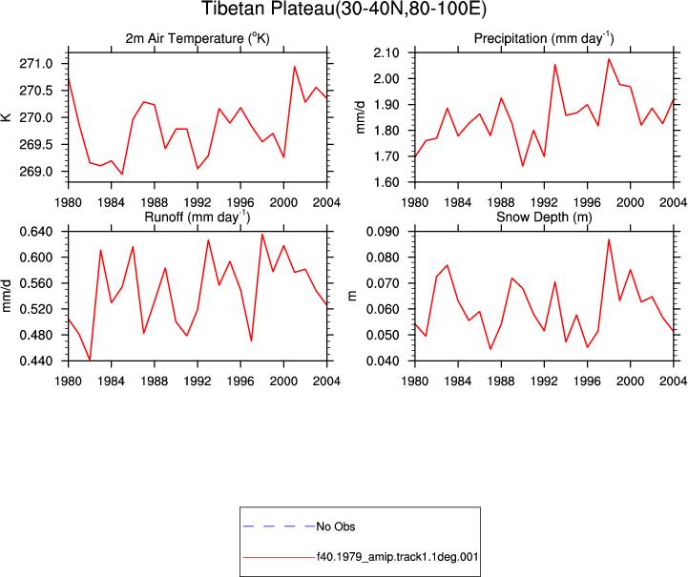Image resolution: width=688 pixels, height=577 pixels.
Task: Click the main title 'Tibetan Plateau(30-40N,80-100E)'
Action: (344, 9)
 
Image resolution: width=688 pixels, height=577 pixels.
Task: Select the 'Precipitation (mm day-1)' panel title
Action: (544, 38)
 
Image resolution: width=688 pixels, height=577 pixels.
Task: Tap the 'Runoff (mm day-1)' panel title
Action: (198, 217)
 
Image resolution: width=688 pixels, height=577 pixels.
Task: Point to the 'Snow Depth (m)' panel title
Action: (544, 217)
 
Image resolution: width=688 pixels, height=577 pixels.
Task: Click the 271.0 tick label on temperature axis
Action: (36, 64)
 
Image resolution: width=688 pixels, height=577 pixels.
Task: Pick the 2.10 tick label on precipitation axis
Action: (386, 53)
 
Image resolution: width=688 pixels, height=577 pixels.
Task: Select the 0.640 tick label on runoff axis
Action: (36, 232)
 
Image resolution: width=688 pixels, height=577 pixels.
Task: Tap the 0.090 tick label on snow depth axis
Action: (383, 232)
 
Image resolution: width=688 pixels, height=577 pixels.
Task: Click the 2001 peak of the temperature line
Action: (295, 67)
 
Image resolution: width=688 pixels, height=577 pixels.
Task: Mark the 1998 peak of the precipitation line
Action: (609, 59)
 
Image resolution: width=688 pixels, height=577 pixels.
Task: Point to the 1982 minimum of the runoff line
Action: (90, 360)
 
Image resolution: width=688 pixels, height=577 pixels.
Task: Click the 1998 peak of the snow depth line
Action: (609, 239)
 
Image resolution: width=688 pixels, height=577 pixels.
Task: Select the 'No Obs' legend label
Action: (336, 526)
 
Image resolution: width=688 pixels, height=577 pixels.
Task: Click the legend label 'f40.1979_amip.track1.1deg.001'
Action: (398, 557)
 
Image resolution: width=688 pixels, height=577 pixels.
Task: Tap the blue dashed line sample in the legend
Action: (279, 526)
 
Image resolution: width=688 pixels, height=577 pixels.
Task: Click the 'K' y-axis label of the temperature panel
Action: (6, 117)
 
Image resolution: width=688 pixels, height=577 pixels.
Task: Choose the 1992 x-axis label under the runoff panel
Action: (198, 381)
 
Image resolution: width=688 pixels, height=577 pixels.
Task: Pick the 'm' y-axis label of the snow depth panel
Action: (352, 297)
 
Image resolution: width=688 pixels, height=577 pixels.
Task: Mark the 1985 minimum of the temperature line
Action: (122, 175)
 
